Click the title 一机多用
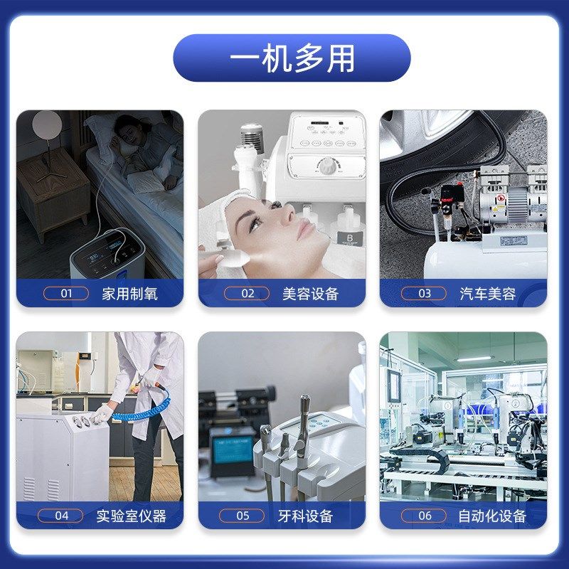pos(292,58)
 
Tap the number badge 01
pos(66,293)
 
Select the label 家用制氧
pos(129,293)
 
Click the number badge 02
pos(247,293)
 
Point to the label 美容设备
pos(310,293)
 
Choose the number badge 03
pos(424,293)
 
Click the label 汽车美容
pos(488,293)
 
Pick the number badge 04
pos(62,516)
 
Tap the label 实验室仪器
pos(131,516)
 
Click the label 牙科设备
pos(306,516)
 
